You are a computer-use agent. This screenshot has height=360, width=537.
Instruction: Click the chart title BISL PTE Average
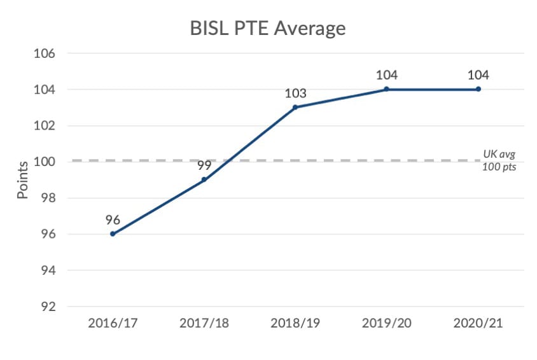click(268, 28)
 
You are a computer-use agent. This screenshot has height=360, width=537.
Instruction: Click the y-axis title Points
click(23, 180)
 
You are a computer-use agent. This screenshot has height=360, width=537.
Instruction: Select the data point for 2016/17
click(113, 234)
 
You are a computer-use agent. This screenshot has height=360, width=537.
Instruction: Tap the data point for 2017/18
click(204, 180)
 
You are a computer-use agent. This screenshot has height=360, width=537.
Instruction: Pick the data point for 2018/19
click(295, 107)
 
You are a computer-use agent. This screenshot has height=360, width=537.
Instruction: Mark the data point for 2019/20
click(386, 89)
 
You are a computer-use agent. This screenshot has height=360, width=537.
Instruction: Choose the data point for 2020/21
click(478, 89)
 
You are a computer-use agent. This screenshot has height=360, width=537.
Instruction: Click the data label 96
click(113, 219)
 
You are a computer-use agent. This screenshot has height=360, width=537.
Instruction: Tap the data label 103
click(295, 93)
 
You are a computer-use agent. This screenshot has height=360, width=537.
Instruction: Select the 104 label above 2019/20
click(386, 74)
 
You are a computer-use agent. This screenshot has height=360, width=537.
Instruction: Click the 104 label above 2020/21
click(478, 74)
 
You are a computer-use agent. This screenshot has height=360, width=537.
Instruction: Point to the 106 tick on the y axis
click(44, 53)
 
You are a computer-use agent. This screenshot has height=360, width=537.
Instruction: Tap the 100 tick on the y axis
click(44, 162)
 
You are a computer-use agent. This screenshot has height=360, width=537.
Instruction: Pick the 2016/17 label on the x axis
click(113, 324)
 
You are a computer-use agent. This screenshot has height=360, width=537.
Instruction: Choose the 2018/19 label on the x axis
click(295, 324)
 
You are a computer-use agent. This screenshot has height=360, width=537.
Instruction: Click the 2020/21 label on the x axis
click(478, 324)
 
